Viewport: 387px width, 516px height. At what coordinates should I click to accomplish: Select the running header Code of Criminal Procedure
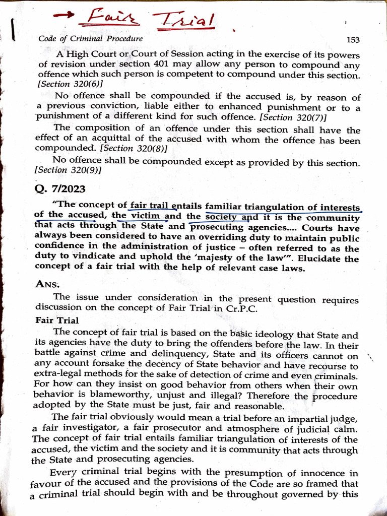[90, 38]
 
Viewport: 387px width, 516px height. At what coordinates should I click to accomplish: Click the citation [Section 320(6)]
[69, 84]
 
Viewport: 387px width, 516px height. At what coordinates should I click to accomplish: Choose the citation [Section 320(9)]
[68, 171]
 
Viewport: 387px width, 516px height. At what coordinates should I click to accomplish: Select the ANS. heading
[48, 284]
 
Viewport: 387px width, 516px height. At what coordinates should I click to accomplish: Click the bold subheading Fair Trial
[57, 320]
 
